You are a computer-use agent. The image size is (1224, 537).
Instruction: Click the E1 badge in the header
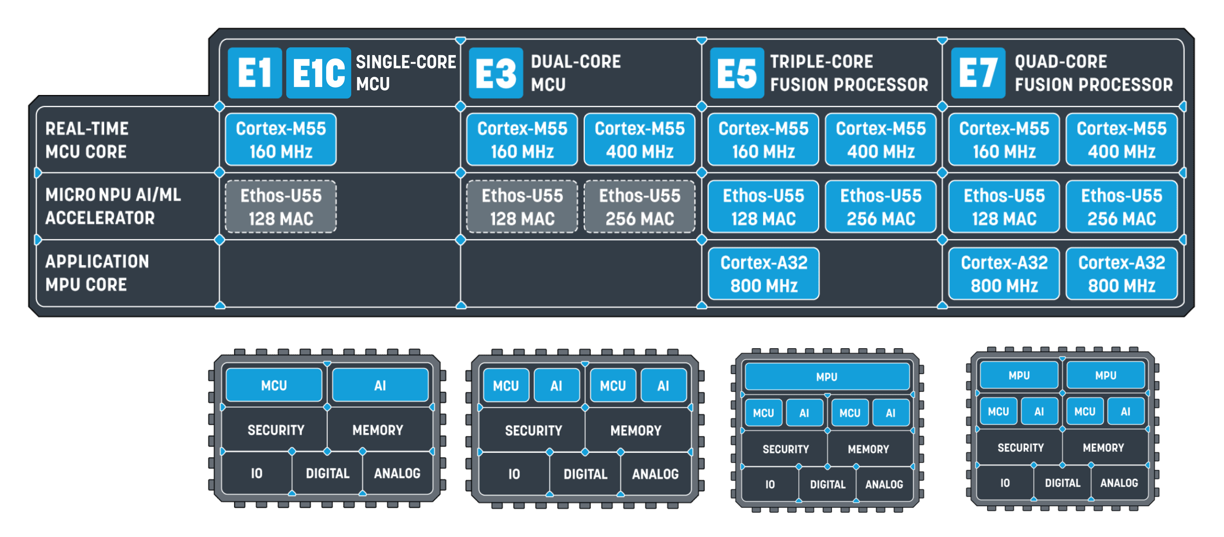click(x=255, y=73)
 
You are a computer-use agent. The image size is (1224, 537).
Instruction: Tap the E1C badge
click(x=318, y=73)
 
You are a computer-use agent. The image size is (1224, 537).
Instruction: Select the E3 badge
click(x=496, y=73)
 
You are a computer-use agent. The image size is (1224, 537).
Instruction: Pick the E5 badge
click(x=737, y=73)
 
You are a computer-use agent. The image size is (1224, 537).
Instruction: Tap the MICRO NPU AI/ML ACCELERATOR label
click(x=113, y=206)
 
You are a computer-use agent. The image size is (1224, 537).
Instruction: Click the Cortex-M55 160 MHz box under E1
click(x=281, y=140)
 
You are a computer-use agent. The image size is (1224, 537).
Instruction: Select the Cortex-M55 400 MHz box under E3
click(x=640, y=140)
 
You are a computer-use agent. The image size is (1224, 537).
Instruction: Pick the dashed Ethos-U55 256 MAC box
click(x=640, y=207)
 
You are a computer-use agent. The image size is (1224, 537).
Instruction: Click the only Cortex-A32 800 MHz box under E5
click(x=764, y=274)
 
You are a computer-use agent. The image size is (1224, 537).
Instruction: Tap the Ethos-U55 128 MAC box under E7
click(x=1004, y=207)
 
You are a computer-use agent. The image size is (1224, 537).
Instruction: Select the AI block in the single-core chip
click(x=380, y=385)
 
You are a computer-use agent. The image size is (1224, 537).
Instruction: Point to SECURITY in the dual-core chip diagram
click(x=533, y=430)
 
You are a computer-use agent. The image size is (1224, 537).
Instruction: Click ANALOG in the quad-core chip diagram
click(x=1119, y=483)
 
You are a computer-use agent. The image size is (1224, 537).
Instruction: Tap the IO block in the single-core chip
click(x=257, y=473)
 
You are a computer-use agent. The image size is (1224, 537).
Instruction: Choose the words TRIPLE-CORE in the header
click(x=822, y=61)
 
